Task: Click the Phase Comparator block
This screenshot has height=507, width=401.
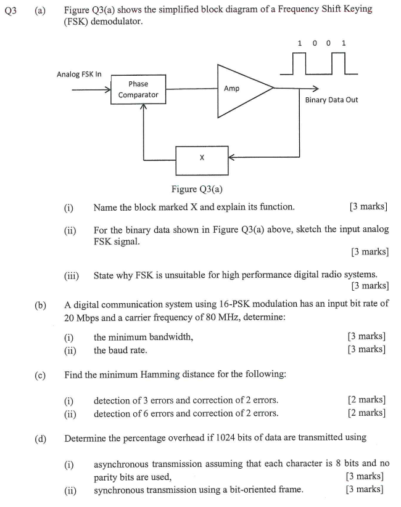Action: pyautogui.click(x=138, y=89)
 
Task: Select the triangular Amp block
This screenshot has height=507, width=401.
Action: pyautogui.click(x=241, y=89)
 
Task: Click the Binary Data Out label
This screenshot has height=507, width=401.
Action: pyautogui.click(x=331, y=100)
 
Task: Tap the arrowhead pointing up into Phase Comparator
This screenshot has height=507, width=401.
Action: pyautogui.click(x=143, y=108)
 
